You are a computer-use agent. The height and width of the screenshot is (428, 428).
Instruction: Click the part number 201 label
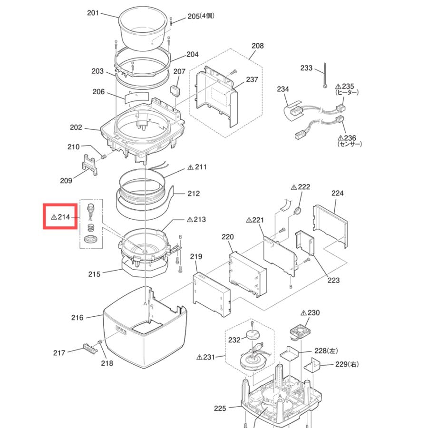pyautogui.click(x=93, y=13)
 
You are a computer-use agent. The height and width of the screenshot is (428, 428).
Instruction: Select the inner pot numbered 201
pyautogui.click(x=143, y=29)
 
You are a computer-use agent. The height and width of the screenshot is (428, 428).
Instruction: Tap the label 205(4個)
pyautogui.click(x=201, y=16)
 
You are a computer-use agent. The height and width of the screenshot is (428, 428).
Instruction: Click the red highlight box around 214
pyautogui.click(x=60, y=216)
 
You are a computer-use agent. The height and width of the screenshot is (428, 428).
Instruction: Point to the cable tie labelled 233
pyautogui.click(x=325, y=75)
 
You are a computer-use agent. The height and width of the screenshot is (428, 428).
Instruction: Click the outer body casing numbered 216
pyautogui.click(x=145, y=327)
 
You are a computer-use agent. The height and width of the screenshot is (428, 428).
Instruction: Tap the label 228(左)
pyautogui.click(x=326, y=351)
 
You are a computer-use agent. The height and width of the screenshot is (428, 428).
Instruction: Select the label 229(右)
pyautogui.click(x=347, y=364)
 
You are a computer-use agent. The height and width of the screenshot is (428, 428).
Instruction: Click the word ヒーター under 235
pyautogui.click(x=347, y=93)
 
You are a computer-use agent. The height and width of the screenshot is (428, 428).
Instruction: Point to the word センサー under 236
pyautogui.click(x=350, y=144)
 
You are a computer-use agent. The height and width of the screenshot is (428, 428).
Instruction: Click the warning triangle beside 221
pyautogui.click(x=249, y=220)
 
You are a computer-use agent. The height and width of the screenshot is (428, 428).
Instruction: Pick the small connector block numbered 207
pyautogui.click(x=175, y=91)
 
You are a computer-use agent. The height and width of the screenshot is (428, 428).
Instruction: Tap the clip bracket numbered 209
pyautogui.click(x=89, y=165)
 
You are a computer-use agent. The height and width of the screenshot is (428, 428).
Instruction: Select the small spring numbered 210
pyautogui.click(x=104, y=157)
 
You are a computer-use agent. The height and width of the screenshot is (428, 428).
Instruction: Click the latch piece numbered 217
pyautogui.click(x=90, y=349)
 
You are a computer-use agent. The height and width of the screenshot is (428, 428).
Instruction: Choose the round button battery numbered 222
pyautogui.click(x=298, y=211)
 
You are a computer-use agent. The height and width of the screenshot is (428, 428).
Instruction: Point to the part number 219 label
pyautogui.click(x=196, y=256)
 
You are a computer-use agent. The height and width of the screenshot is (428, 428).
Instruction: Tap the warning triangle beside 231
pyautogui.click(x=199, y=357)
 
